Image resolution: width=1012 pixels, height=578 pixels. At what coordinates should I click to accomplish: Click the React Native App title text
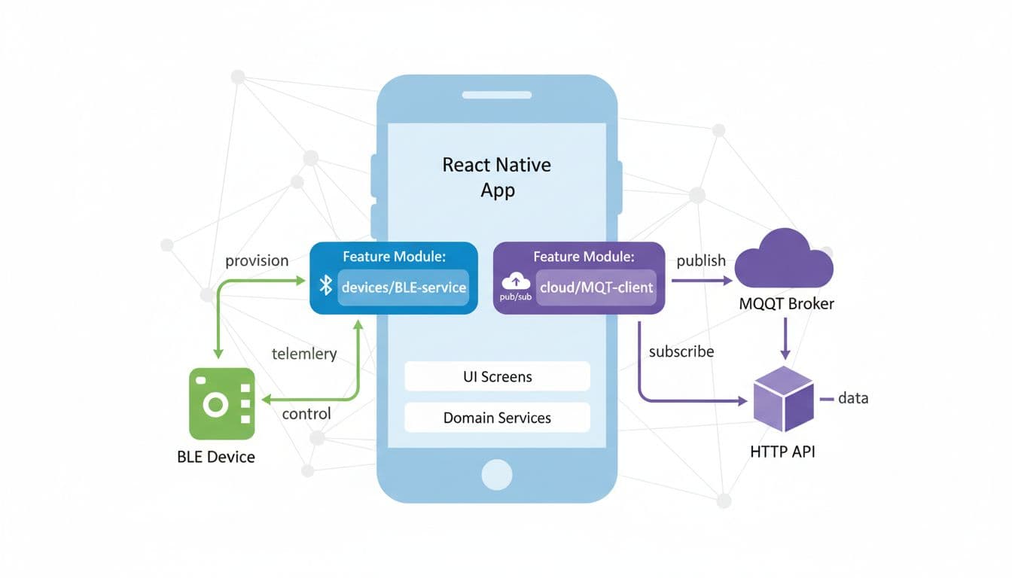coord(497,177)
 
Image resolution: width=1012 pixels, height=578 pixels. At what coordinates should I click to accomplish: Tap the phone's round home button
coord(497,474)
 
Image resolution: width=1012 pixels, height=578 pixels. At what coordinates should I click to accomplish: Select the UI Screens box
coord(497,376)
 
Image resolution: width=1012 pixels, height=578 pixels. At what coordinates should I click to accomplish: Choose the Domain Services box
coord(497,418)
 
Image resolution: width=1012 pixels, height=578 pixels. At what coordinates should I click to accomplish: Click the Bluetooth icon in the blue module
coord(326,285)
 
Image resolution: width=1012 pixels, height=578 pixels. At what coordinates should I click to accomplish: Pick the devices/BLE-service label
coord(404,287)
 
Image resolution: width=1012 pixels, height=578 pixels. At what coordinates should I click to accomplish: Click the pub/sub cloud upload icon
coord(516,282)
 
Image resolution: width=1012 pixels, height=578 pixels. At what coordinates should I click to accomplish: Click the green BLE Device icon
coord(221,403)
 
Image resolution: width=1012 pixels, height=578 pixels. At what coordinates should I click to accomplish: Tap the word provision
coord(257,260)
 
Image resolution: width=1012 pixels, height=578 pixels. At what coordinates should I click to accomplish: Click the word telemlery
coord(303,353)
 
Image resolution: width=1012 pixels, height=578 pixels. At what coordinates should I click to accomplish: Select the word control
coord(306,414)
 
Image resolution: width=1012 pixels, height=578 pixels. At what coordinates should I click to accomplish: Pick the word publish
coord(701,260)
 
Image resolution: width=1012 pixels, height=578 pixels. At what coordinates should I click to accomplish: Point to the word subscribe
coord(681,351)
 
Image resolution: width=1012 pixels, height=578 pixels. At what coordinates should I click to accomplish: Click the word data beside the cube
coord(853,397)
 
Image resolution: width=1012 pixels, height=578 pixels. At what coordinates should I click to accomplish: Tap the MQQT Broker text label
coord(787,305)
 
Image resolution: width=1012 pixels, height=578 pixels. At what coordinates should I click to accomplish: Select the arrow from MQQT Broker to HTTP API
coord(785,339)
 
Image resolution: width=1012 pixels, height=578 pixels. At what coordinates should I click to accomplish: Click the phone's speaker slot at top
coord(497,95)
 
